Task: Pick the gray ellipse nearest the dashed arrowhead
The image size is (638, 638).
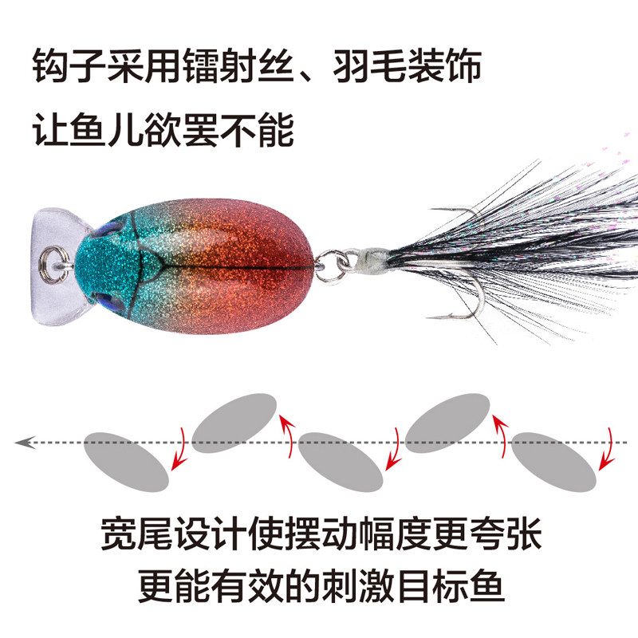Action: click(126, 461)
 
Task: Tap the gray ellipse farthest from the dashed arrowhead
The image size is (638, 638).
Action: click(555, 463)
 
